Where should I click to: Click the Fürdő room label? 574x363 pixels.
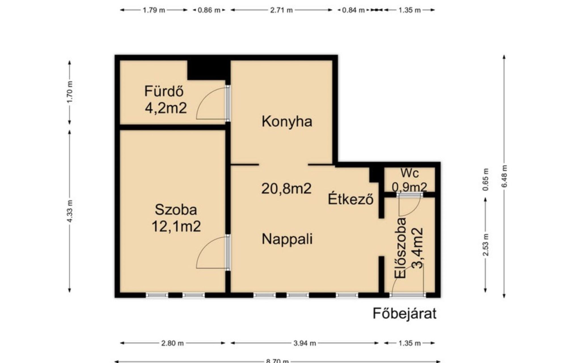(164, 91)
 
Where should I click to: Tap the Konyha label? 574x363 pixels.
(287, 122)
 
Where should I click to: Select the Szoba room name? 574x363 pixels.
(176, 210)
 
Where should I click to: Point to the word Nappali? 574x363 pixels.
(287, 239)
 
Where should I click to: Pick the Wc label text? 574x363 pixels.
(410, 173)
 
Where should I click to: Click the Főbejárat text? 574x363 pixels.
(404, 314)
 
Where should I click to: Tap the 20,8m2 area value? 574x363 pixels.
(286, 189)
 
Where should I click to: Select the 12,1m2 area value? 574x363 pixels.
(176, 226)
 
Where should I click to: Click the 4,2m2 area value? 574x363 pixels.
(166, 108)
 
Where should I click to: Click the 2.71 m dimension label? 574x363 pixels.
(281, 10)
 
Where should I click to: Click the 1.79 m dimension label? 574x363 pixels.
(154, 10)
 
